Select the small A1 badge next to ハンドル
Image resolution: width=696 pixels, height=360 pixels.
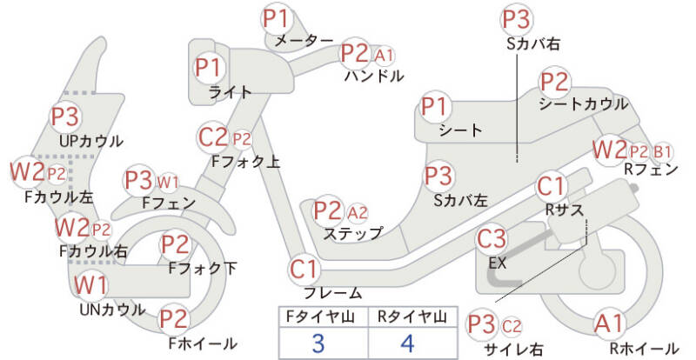pyautogui.click(x=384, y=56)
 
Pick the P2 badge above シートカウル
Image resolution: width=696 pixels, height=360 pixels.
pyautogui.click(x=555, y=83)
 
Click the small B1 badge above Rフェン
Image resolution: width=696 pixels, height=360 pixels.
pyautogui.click(x=662, y=150)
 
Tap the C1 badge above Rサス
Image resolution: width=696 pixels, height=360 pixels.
pyautogui.click(x=552, y=187)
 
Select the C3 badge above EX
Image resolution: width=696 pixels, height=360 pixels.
pyautogui.click(x=492, y=237)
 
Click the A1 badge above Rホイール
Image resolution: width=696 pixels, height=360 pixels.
pyautogui.click(x=609, y=324)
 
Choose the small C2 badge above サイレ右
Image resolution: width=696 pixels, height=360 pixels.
pyautogui.click(x=512, y=326)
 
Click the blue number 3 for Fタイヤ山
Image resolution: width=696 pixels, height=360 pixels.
pyautogui.click(x=318, y=342)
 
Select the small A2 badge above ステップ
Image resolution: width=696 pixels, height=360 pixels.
pyautogui.click(x=357, y=212)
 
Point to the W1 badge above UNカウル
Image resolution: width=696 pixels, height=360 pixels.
pyautogui.click(x=90, y=285)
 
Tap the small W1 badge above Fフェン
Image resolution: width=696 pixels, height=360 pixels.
pyautogui.click(x=168, y=182)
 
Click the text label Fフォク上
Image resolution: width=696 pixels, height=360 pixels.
pyautogui.click(x=246, y=161)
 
